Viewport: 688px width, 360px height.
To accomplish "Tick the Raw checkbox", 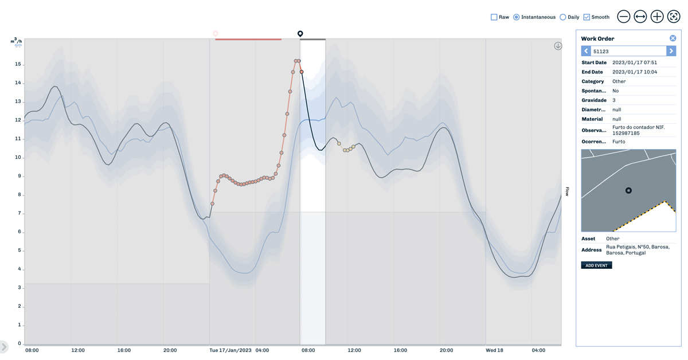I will (x=494, y=17).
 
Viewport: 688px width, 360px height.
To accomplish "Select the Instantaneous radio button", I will (x=516, y=17).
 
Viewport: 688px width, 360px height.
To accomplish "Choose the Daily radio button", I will (x=562, y=17).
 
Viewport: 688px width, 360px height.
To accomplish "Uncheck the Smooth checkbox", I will (x=587, y=17).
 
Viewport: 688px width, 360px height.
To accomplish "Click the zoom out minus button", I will (x=624, y=17).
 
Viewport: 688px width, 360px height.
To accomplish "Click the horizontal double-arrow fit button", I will (x=640, y=17).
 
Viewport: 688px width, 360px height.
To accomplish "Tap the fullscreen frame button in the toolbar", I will (x=674, y=17).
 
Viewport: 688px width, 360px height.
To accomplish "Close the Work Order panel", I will (x=673, y=38).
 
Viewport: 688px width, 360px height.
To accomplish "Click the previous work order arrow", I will (x=586, y=51).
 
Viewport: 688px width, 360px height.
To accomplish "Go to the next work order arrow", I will (x=671, y=51).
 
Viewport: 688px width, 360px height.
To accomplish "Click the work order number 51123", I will (x=601, y=52).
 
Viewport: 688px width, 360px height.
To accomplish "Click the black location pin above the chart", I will (x=300, y=34).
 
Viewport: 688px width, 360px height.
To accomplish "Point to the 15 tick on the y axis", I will (x=18, y=64).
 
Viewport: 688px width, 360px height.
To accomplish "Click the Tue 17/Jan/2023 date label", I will (x=230, y=350).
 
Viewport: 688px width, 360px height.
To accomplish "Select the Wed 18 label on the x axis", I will (x=494, y=350).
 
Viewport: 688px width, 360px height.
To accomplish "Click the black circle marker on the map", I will (x=628, y=190).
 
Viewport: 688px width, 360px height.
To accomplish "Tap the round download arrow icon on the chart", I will (x=558, y=46).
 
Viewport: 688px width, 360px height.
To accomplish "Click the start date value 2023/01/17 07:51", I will (x=634, y=62).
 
